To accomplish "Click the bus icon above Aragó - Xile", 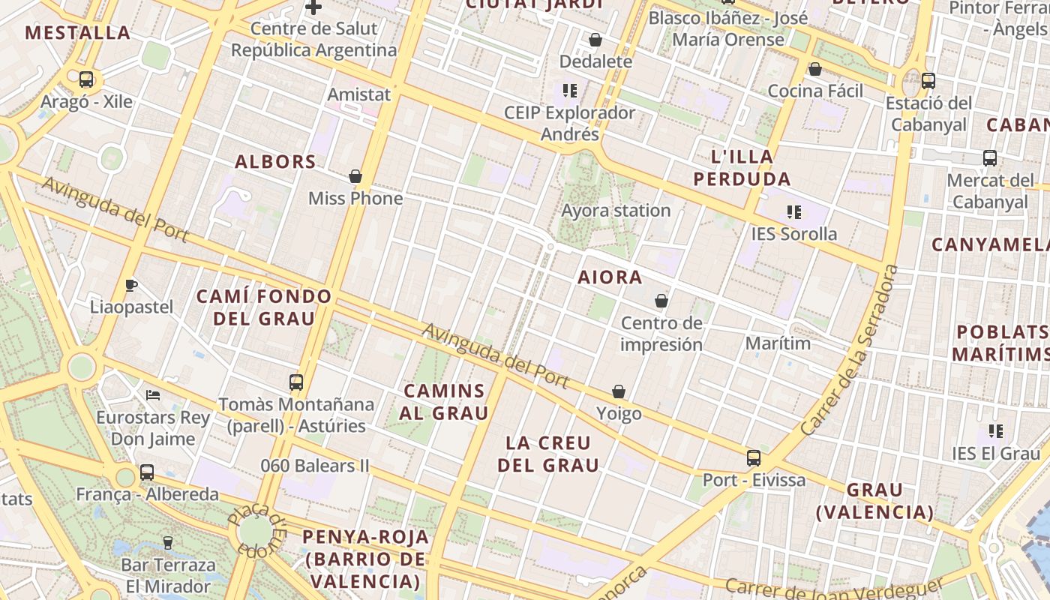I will click(x=86, y=79).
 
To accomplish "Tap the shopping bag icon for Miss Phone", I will click(x=355, y=176).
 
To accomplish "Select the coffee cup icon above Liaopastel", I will click(x=131, y=285).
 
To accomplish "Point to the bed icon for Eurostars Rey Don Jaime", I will click(x=153, y=394).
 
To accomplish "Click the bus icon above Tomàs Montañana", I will click(x=296, y=382).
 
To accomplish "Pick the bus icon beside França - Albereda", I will click(x=147, y=472).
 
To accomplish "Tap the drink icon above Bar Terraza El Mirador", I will click(x=168, y=542).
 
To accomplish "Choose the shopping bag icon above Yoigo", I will click(x=619, y=391).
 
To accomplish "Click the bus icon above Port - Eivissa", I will click(x=754, y=457).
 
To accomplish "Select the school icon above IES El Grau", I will click(x=996, y=431).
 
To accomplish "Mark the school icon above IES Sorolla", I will click(x=794, y=212).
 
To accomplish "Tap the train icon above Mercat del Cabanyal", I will click(x=990, y=158).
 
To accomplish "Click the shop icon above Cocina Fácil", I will click(x=815, y=69).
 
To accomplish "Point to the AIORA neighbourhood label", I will click(x=610, y=277).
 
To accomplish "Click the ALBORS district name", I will click(x=275, y=161).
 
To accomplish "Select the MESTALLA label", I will click(x=78, y=33).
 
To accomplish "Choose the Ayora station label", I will click(x=616, y=211).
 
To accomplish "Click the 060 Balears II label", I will click(x=315, y=466).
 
